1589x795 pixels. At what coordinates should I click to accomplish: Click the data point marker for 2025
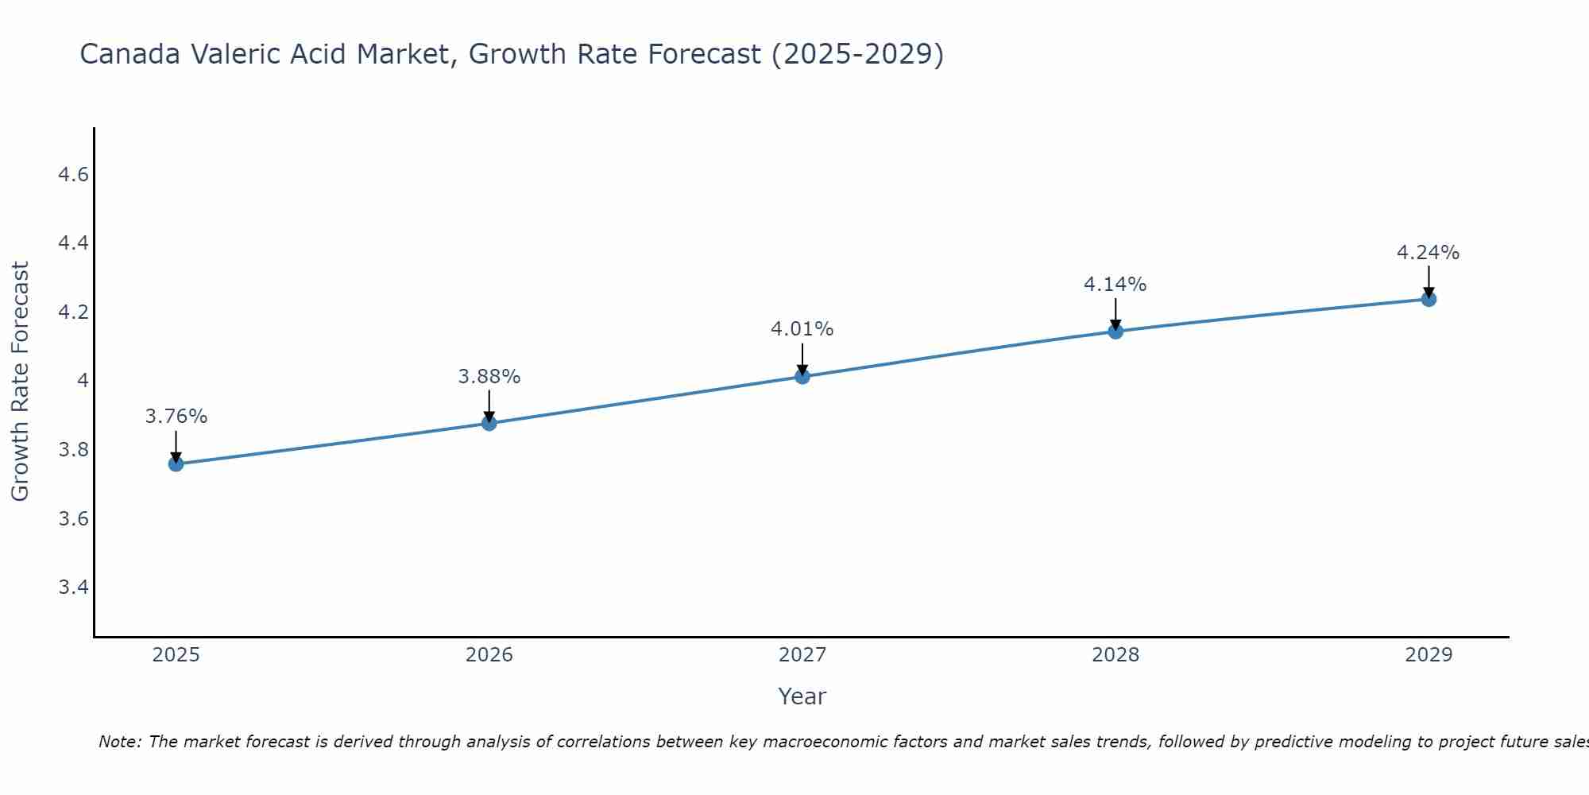176,463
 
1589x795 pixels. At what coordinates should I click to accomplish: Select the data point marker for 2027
802,376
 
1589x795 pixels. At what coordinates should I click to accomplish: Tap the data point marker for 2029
1429,299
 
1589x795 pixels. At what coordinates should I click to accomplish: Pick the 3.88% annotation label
489,377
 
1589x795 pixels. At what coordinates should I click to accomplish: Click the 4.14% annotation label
1115,284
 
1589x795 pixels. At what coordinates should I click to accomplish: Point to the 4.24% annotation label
1428,253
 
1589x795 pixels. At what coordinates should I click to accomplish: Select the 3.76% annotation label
176,417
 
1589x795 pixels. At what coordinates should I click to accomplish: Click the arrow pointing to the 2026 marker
489,405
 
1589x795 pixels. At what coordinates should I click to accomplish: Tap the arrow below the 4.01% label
802,358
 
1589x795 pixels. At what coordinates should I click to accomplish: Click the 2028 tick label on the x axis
1115,655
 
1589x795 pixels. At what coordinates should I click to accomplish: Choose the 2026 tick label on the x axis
489,655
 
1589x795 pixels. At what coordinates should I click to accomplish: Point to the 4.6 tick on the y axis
73,175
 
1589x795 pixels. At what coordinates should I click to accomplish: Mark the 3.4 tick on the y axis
73,588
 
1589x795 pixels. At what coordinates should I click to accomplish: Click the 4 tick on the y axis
82,381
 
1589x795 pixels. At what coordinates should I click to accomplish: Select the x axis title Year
802,696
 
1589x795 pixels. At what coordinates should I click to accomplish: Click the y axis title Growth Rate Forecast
20,382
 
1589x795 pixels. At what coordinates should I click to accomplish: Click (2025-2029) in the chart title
857,55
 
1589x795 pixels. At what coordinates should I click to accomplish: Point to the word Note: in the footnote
120,742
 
